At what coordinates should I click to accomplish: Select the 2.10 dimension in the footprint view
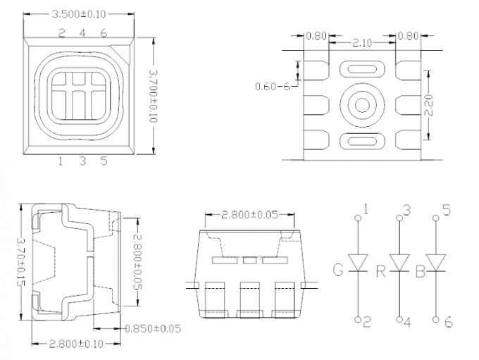coord(362,43)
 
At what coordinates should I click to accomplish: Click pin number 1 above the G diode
coord(366,209)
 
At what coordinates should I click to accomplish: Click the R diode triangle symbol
coord(399,263)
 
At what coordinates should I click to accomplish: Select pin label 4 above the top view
coord(82,32)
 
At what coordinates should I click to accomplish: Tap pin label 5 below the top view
coord(104,161)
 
